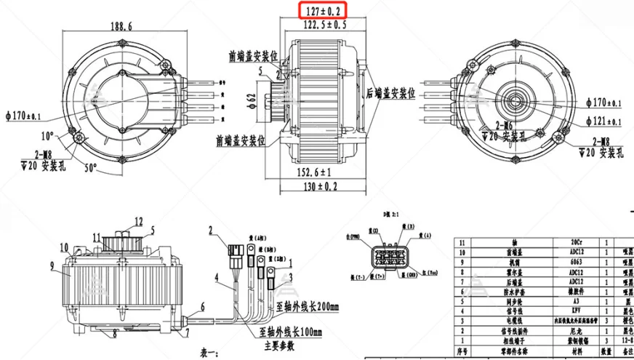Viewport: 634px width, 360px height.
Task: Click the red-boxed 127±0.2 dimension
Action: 324,10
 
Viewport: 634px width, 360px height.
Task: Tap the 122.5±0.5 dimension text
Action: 324,24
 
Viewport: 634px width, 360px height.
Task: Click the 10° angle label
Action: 47,136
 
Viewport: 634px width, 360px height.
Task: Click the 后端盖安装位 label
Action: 395,93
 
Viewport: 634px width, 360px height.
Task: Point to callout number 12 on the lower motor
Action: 139,220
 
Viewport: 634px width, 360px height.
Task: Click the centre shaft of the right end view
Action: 518,97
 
